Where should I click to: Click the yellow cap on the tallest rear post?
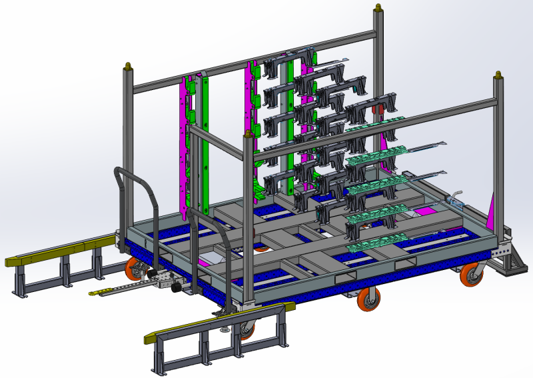click(379, 8)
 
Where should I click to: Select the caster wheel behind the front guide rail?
click(246, 327)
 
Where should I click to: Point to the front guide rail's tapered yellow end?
click(152, 338)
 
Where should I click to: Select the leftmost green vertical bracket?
click(203, 140)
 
